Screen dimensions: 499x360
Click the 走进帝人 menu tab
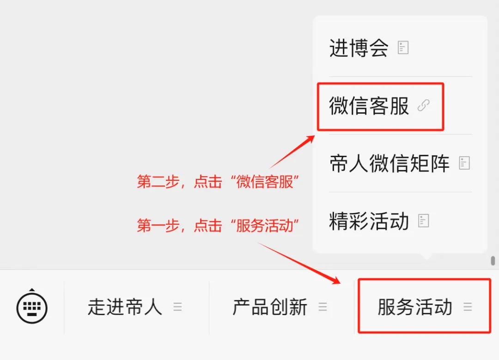pyautogui.click(x=125, y=307)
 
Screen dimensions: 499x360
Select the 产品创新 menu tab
pyautogui.click(x=270, y=307)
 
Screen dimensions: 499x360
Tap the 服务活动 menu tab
pyautogui.click(x=415, y=307)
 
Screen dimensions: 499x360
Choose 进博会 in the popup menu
pyautogui.click(x=359, y=48)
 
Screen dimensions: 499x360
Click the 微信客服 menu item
pyautogui.click(x=369, y=106)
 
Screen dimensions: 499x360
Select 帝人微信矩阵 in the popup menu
pyautogui.click(x=389, y=163)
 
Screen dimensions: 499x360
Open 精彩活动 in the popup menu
pyautogui.click(x=369, y=221)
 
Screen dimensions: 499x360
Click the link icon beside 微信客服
pyautogui.click(x=423, y=106)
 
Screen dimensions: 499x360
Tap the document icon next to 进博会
pyautogui.click(x=403, y=48)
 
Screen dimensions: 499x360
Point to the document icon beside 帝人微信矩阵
pyautogui.click(x=464, y=163)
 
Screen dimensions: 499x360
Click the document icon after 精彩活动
pyautogui.click(x=424, y=221)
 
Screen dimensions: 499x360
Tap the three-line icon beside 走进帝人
pyautogui.click(x=177, y=307)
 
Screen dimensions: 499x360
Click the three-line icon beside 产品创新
pyautogui.click(x=323, y=307)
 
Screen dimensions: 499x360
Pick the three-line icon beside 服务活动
pyautogui.click(x=468, y=307)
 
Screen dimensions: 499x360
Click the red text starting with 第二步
pyautogui.click(x=218, y=182)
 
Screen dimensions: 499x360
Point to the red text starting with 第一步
pyautogui.click(x=218, y=226)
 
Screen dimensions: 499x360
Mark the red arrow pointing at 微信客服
pyautogui.click(x=292, y=152)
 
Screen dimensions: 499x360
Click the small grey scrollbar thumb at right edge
pyautogui.click(x=493, y=261)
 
